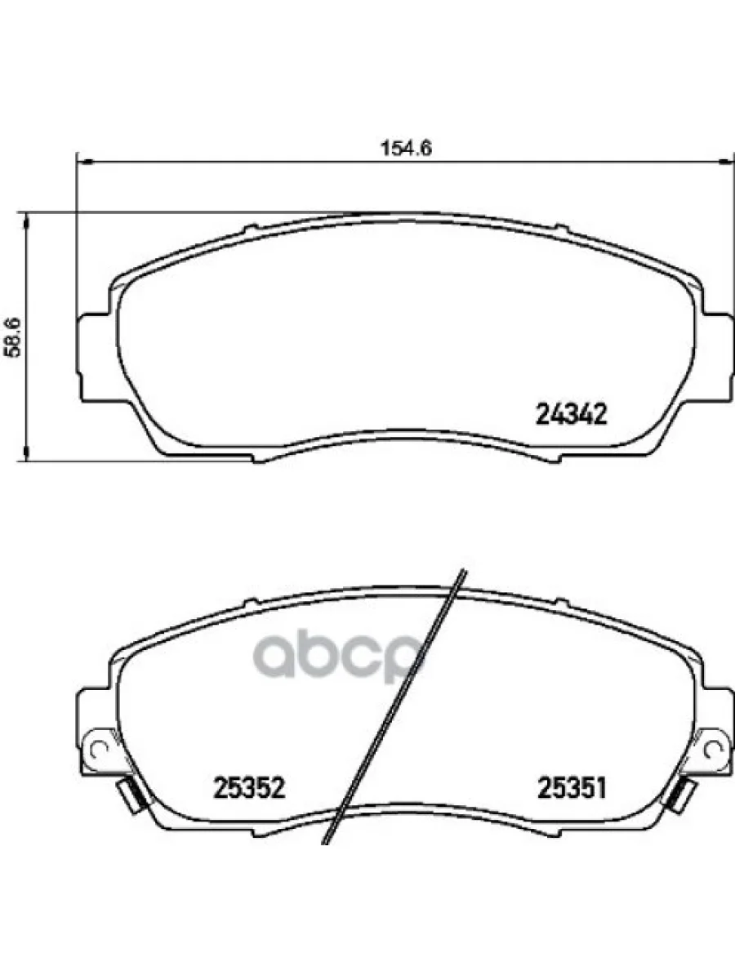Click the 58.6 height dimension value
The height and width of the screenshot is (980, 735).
13,335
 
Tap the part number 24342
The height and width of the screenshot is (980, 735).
572,415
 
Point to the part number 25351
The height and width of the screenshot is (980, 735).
571,788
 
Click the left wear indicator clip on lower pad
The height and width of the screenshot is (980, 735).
128,793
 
